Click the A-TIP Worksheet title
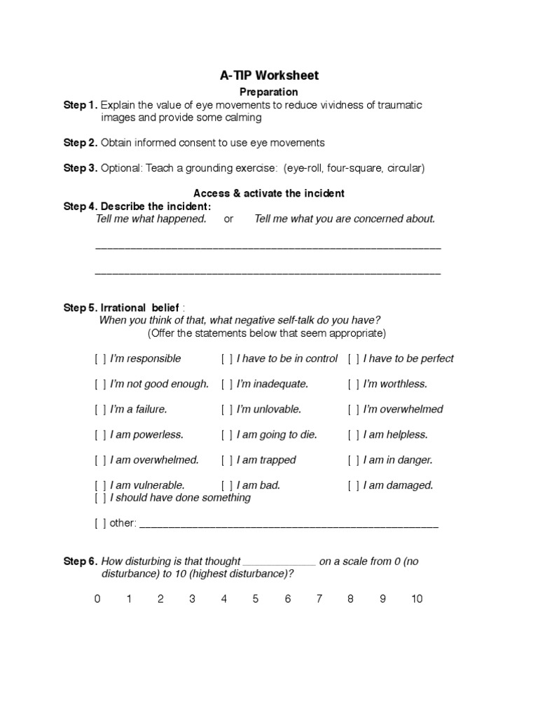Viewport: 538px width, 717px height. tap(269, 76)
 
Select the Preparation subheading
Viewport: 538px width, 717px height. tap(269, 92)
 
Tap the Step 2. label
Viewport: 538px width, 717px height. tap(81, 143)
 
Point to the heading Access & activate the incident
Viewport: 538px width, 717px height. tap(269, 193)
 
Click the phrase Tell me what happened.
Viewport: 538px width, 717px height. tap(151, 218)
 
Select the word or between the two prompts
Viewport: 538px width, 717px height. tap(228, 218)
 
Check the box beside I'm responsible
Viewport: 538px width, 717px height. tap(101, 358)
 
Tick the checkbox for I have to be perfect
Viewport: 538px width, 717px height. tap(354, 358)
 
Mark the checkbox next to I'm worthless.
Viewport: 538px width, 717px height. tap(354, 384)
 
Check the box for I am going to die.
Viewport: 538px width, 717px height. tap(227, 435)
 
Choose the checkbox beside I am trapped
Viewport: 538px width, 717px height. tap(227, 460)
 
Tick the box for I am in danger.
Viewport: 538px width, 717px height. tap(354, 460)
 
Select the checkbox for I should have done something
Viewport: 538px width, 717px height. tap(101, 498)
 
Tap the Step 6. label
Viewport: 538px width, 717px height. tap(81, 562)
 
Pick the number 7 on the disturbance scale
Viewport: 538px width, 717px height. tap(319, 599)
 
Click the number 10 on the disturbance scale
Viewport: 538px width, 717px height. tap(417, 599)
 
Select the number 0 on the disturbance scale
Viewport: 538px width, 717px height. tap(97, 599)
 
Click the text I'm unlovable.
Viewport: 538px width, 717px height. tap(268, 409)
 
